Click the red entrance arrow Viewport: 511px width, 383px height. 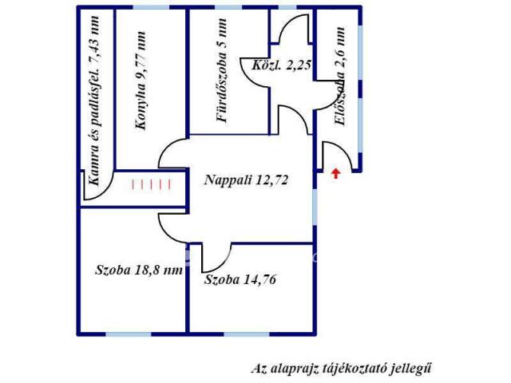pyautogui.click(x=335, y=174)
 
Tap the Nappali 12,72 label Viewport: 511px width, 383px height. pyautogui.click(x=247, y=180)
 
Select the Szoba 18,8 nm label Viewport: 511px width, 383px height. pyautogui.click(x=139, y=270)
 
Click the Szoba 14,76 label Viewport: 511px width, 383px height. pyautogui.click(x=240, y=279)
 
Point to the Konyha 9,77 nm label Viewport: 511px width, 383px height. pyautogui.click(x=141, y=81)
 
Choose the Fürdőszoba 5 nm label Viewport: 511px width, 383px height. pyautogui.click(x=222, y=70)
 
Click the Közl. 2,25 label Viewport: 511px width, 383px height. pyautogui.click(x=281, y=65)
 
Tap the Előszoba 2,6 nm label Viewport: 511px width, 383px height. pyautogui.click(x=340, y=77)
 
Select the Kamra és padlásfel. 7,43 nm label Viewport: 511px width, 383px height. pyautogui.click(x=94, y=101)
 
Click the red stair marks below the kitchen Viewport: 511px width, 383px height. pyautogui.click(x=151, y=184)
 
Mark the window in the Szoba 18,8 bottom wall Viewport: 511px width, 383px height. pyautogui.click(x=129, y=334)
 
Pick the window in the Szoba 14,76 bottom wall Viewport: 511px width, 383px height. pyautogui.click(x=247, y=334)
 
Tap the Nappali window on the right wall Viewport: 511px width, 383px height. pyautogui.click(x=315, y=207)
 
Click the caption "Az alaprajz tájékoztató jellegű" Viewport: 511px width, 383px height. pyautogui.click(x=342, y=369)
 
